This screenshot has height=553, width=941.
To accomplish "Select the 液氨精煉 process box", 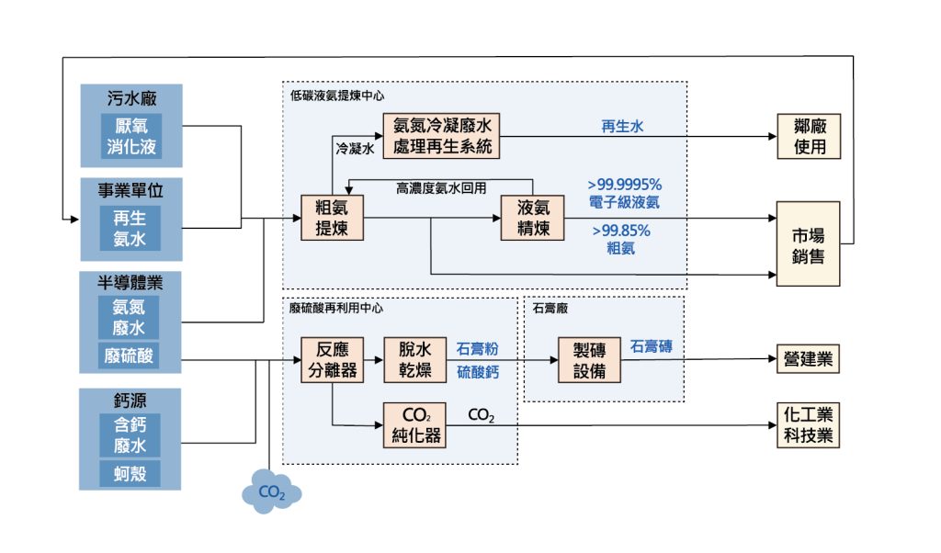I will point(532,218).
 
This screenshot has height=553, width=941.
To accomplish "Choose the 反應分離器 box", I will point(331,361).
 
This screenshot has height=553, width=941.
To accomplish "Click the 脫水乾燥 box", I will point(415,361).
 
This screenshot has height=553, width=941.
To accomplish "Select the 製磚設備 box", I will point(589,361).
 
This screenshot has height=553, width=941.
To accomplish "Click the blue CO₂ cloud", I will point(271,492).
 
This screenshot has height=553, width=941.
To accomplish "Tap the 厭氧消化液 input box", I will point(130,135).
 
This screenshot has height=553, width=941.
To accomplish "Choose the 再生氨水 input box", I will point(130,229).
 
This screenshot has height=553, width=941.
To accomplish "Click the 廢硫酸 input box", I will point(130,356).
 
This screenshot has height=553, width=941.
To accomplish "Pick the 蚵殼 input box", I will point(130,473).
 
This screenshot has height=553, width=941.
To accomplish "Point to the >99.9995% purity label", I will point(624,184).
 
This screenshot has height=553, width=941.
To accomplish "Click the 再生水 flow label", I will point(622,127).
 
